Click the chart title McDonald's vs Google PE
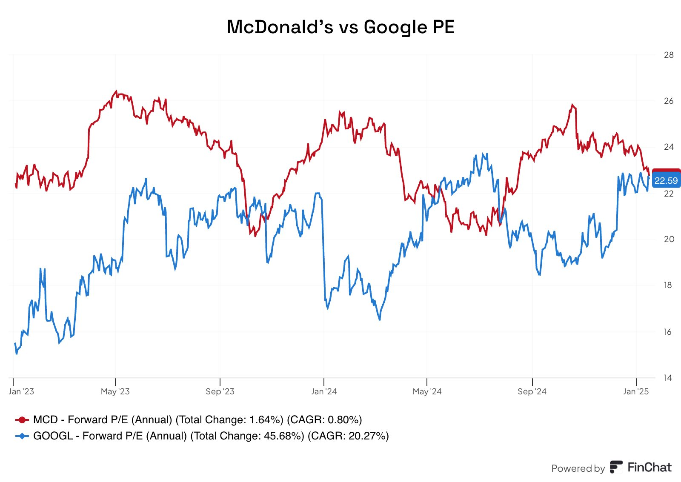(x=340, y=27)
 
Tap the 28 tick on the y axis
(x=668, y=55)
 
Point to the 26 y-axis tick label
(x=668, y=101)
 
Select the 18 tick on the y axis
(x=668, y=285)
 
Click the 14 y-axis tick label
(x=668, y=377)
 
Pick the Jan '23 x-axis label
(x=21, y=391)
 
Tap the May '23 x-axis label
(x=115, y=391)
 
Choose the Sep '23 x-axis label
(x=220, y=391)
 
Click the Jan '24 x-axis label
(x=324, y=391)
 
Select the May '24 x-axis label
(x=427, y=391)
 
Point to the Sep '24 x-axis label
(x=532, y=391)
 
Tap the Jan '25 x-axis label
(x=636, y=391)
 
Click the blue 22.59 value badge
(x=666, y=181)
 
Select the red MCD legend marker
(x=22, y=420)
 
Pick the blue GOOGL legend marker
(x=22, y=436)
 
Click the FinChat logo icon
(x=616, y=467)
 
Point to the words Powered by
(x=578, y=468)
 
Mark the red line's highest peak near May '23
(x=116, y=91)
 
